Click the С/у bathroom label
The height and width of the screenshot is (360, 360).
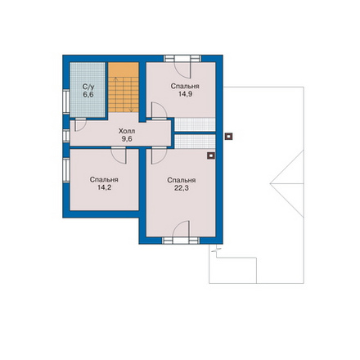pyautogui.click(x=88, y=87)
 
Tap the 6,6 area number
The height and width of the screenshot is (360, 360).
pyautogui.click(x=88, y=95)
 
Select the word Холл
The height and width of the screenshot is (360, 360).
pyautogui.click(x=127, y=131)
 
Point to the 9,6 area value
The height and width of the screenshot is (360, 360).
pyautogui.click(x=127, y=139)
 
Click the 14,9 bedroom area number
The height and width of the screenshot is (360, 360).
pyautogui.click(x=185, y=94)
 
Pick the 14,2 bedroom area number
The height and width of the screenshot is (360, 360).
pyautogui.click(x=104, y=187)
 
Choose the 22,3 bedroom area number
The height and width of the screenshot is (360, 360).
pyautogui.click(x=182, y=188)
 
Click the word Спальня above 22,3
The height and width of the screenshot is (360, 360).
pyautogui.click(x=182, y=181)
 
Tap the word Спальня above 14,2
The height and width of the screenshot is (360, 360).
pyautogui.click(x=104, y=180)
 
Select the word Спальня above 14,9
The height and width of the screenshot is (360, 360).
pyautogui.click(x=185, y=87)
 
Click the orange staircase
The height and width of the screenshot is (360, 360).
pyautogui.click(x=124, y=87)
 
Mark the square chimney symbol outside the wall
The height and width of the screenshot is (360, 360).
pyautogui.click(x=228, y=137)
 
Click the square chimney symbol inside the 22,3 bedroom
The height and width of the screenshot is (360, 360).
pyautogui.click(x=211, y=155)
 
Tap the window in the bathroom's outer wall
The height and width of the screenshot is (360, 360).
pyautogui.click(x=66, y=101)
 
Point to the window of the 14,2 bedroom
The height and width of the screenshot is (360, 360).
pyautogui.click(x=66, y=170)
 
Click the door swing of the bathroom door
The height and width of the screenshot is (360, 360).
pyautogui.click(x=80, y=125)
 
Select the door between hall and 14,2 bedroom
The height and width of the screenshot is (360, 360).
pyautogui.click(x=119, y=155)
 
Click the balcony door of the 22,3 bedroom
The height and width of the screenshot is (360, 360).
pyautogui.click(x=181, y=232)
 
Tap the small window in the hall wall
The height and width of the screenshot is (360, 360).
pyautogui.click(x=66, y=136)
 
